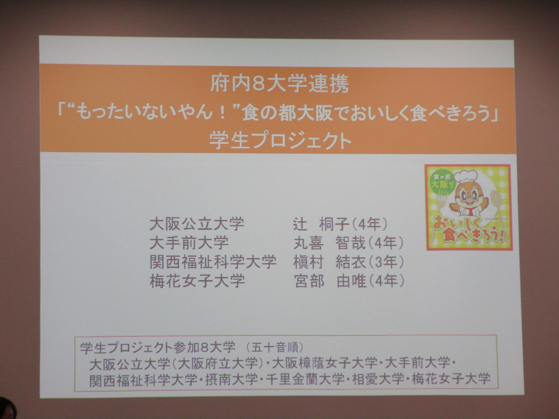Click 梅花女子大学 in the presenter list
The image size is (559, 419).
(x=197, y=281)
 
